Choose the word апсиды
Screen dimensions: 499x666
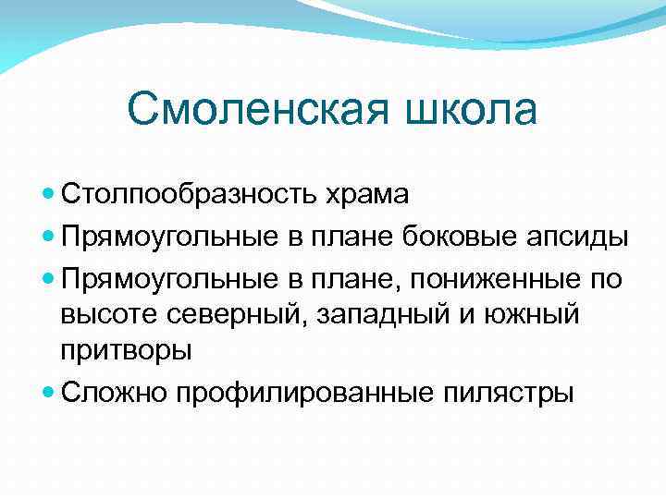click(x=574, y=237)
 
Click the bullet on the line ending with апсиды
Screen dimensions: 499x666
click(x=49, y=237)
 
